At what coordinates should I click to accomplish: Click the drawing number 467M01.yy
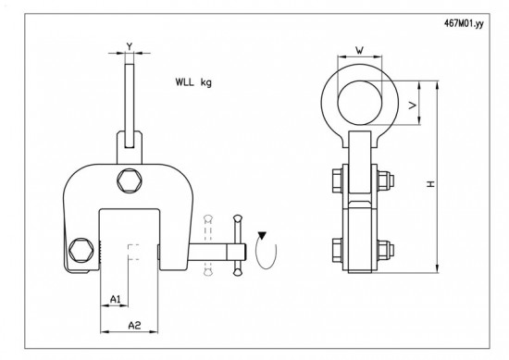(x=464, y=24)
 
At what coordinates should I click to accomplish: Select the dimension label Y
(x=130, y=46)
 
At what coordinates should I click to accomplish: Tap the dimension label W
(x=360, y=50)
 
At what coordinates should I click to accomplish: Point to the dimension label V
(x=412, y=105)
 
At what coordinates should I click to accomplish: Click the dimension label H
(x=430, y=184)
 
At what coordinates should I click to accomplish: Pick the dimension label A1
(x=116, y=299)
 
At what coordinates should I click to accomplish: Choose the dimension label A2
(x=134, y=325)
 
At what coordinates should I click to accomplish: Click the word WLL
(x=185, y=81)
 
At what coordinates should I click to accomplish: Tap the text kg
(x=206, y=82)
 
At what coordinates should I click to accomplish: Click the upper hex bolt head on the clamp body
(x=130, y=180)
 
